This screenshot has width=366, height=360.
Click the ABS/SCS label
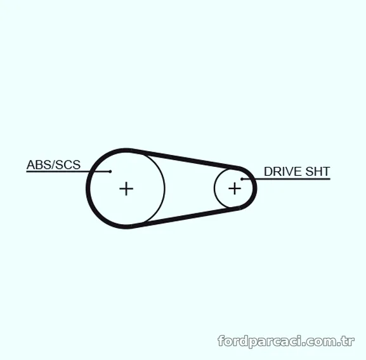tap(53, 164)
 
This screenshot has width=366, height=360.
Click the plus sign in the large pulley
tap(126, 189)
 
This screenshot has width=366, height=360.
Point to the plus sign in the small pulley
tap(235, 189)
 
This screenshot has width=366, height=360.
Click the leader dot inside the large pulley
tap(110, 171)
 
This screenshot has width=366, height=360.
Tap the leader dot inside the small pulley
tap(242, 179)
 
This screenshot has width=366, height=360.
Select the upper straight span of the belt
tap(186, 158)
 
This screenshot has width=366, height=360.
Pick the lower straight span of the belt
tap(186, 218)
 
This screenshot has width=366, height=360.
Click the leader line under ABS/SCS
tap(68, 171)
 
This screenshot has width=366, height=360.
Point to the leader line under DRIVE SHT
tap(286, 179)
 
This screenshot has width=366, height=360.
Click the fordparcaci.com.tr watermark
tap(286, 342)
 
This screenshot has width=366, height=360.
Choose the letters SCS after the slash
tap(68, 164)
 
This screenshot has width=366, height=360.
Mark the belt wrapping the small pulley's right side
tap(255, 189)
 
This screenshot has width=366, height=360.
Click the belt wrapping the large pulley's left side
tap(88, 189)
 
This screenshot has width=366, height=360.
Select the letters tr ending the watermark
tap(350, 342)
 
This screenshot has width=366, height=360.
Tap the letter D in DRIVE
tap(268, 171)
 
